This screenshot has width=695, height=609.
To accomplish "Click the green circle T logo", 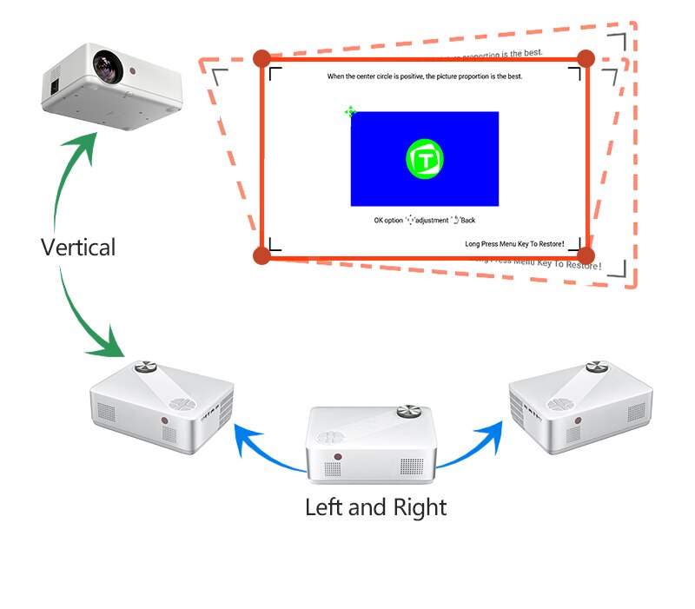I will (425, 159).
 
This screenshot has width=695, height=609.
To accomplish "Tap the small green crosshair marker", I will (350, 111).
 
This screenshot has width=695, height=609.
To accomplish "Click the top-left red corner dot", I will (261, 58).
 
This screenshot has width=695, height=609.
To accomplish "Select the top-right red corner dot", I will (586, 58).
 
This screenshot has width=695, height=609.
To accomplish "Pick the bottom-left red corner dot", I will (261, 255).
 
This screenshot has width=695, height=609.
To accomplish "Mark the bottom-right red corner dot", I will (586, 255).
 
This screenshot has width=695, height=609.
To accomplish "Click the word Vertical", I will (78, 248).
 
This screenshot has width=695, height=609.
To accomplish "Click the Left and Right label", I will (375, 506).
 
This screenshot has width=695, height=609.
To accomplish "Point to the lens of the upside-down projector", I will (107, 63).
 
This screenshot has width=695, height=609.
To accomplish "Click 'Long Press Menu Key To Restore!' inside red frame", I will (514, 243).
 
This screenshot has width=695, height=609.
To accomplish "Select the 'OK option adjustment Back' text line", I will (425, 221).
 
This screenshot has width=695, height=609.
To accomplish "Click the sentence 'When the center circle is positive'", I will (425, 77).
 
